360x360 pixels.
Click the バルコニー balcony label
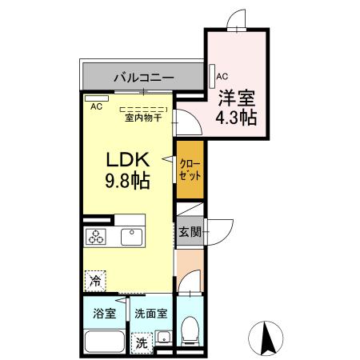(144, 78)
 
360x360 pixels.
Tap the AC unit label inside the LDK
(96, 106)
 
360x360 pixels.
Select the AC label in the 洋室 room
(223, 78)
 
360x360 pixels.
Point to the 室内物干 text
(143, 118)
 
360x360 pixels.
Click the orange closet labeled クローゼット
(190, 168)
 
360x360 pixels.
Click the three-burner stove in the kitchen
(97, 236)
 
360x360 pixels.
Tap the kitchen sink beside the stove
(130, 237)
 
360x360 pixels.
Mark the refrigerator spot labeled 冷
(95, 282)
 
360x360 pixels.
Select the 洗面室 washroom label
(150, 314)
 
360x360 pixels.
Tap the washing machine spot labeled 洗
(141, 341)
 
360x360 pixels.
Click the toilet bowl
(190, 330)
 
